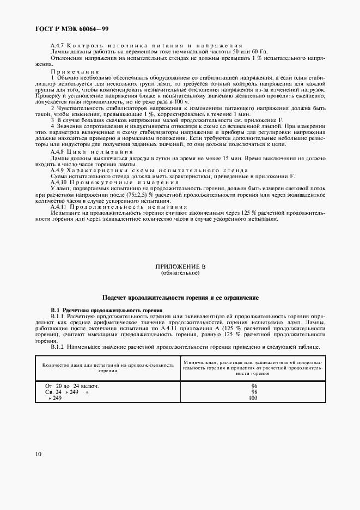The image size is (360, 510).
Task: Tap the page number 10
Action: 38,454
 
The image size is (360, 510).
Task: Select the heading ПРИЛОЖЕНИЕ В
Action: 180,266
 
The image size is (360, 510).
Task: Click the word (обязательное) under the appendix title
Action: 180,273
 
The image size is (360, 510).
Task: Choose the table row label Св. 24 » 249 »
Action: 66,392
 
